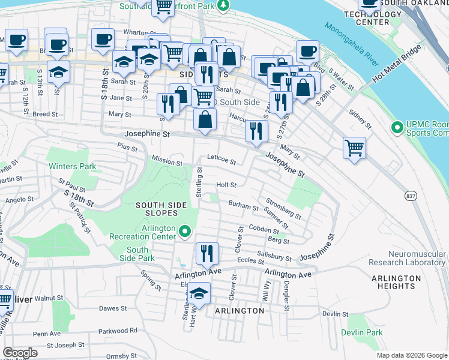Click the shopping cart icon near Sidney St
(354, 147)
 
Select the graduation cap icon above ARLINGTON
(199, 293)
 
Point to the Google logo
(20, 353)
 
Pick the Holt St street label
(226, 185)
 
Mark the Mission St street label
(167, 162)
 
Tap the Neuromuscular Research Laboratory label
(407, 259)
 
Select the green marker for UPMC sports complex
(396, 127)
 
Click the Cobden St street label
(264, 230)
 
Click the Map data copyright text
(412, 355)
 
